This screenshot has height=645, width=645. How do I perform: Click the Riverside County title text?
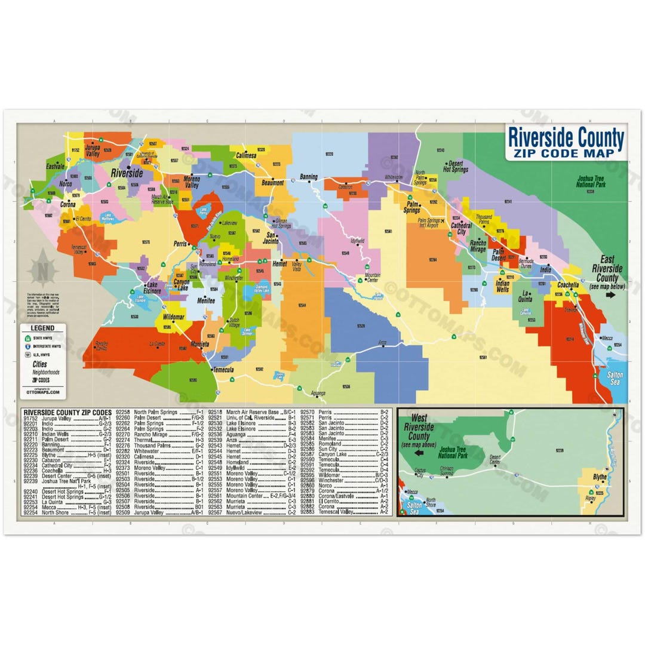point(566,139)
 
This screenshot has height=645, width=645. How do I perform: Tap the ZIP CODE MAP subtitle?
point(566,153)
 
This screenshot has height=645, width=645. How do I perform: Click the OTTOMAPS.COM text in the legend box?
point(43,392)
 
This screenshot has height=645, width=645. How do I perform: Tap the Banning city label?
point(309,177)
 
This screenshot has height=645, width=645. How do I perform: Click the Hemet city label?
point(279,263)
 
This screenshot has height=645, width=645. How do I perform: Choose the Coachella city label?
point(567,285)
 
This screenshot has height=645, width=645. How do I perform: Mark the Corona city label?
point(67,204)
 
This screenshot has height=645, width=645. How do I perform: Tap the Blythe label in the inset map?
point(599,477)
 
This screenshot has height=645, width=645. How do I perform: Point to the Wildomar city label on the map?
point(173,316)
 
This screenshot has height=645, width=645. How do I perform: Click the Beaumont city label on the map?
point(272,183)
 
